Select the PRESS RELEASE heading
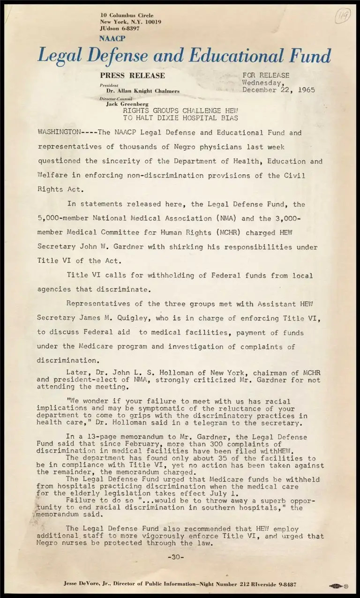click(132, 75)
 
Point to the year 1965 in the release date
click(306, 90)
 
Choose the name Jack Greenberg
click(127, 104)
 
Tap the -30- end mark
click(176, 557)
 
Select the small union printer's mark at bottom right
click(339, 586)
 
